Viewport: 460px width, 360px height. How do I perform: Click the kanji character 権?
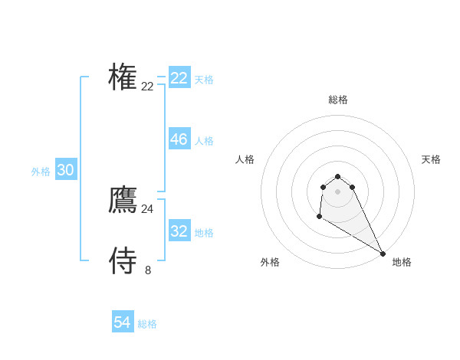point(123,77)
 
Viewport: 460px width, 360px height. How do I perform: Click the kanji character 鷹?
point(123,200)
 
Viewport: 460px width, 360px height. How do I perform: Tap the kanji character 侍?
point(123,260)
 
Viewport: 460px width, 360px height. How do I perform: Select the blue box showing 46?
point(179,139)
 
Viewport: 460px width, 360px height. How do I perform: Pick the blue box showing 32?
point(179,231)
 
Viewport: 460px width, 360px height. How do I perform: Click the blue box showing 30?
point(65,170)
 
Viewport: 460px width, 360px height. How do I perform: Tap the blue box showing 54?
point(122,322)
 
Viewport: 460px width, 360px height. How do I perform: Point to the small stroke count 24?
point(147,209)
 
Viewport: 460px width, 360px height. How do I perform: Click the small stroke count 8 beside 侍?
point(148,270)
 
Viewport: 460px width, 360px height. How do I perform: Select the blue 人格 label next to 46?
point(204,141)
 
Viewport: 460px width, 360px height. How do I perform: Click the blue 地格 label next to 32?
point(204,233)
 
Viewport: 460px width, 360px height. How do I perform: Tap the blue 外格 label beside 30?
point(41,172)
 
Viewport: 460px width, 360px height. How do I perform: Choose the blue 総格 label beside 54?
point(147,324)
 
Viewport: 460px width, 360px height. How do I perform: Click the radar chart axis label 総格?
point(337,100)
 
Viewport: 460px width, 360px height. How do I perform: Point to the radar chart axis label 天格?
point(431,159)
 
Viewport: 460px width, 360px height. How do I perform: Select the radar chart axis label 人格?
point(245,159)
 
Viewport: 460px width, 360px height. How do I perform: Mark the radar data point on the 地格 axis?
point(383,254)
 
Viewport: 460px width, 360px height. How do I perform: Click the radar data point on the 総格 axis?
point(337,177)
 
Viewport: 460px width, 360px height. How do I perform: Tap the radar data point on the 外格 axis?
point(319,217)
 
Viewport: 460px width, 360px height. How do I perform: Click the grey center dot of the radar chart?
point(337,191)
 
